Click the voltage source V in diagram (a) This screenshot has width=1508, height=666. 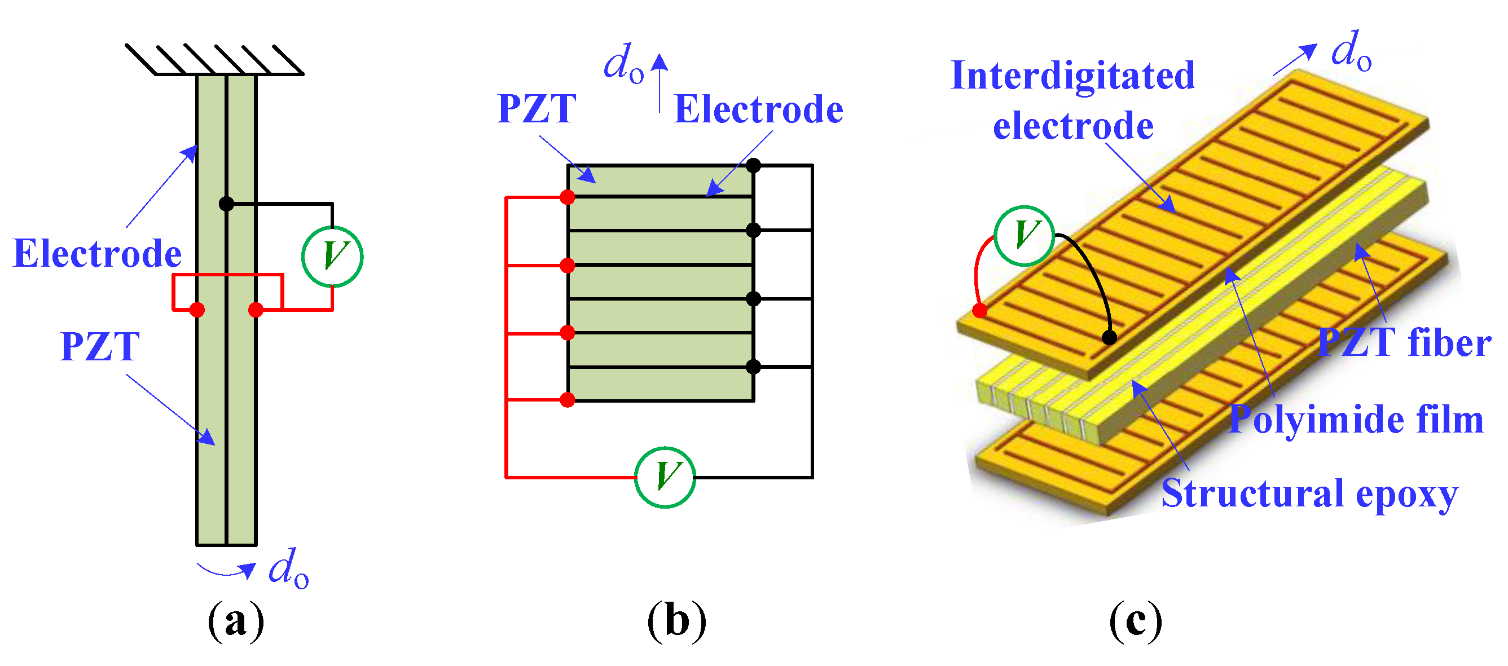[x=332, y=257]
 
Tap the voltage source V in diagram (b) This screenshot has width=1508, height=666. [x=665, y=477]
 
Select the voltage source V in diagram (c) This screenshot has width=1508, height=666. [x=1024, y=235]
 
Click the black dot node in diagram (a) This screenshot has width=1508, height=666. [x=226, y=204]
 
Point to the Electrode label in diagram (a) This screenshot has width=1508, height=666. [x=97, y=254]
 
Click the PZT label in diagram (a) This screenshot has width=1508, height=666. [x=99, y=346]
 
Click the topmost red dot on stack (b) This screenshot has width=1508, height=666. [x=566, y=197]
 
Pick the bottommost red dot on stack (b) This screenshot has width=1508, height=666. [x=566, y=400]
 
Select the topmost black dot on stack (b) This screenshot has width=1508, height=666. [x=753, y=166]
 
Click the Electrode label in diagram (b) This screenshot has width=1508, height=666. [x=758, y=109]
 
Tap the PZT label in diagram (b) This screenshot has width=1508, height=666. [x=536, y=108]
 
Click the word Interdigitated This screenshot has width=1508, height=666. [x=1072, y=76]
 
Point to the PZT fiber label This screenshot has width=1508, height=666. [x=1404, y=342]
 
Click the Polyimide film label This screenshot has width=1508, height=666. [x=1356, y=420]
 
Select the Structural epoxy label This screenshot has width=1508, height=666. [x=1309, y=493]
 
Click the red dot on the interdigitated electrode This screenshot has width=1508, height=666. [x=979, y=310]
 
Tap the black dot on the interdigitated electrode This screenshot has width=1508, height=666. [x=1109, y=337]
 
